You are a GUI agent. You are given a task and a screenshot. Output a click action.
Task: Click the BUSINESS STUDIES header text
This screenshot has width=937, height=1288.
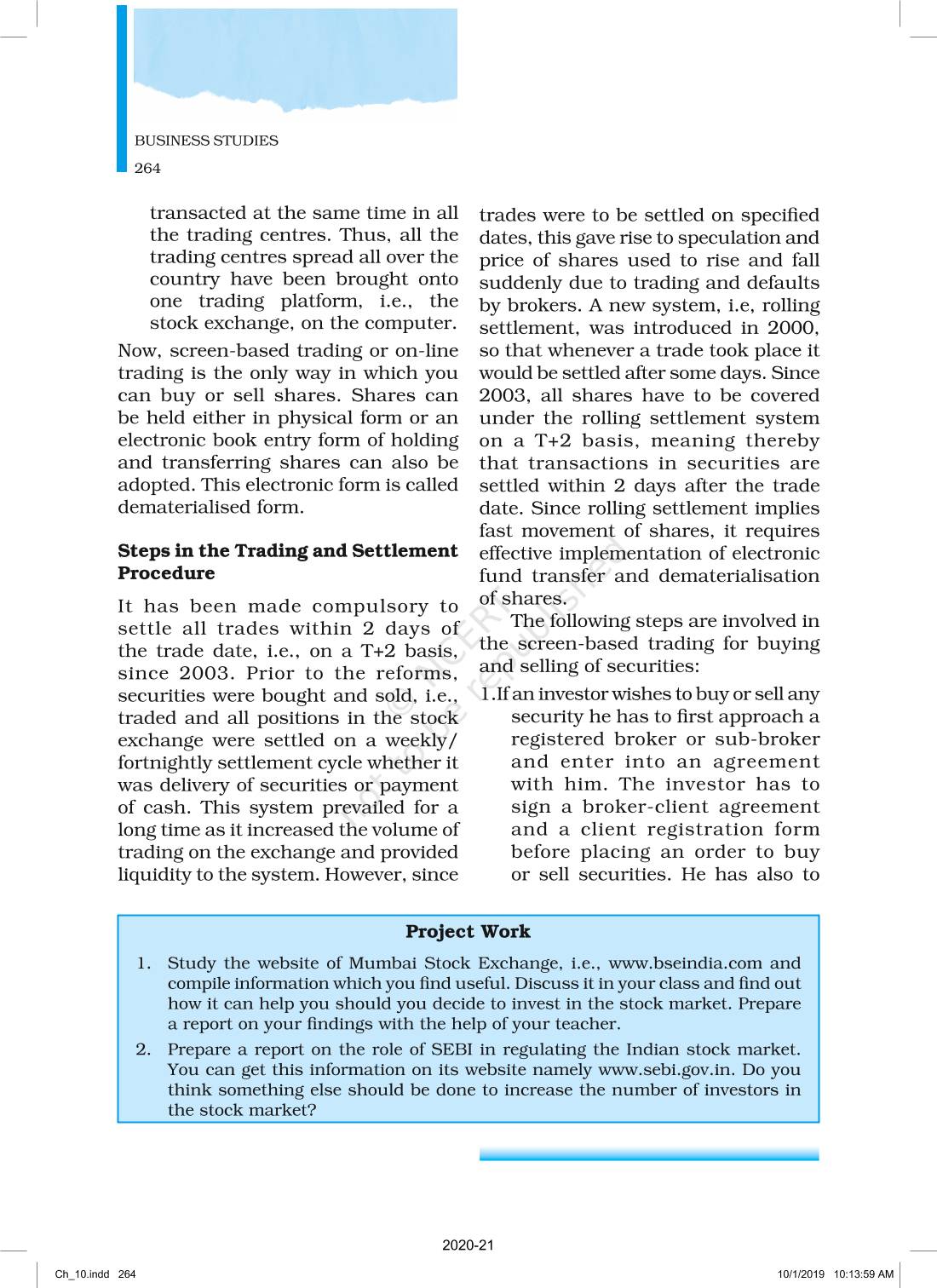(x=206, y=141)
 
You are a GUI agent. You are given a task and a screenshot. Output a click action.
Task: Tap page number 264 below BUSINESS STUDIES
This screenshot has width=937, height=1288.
(x=147, y=168)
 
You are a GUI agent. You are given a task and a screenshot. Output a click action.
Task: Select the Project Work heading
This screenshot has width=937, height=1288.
(x=468, y=931)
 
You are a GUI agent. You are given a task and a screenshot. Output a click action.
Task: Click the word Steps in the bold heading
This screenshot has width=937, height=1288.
(x=143, y=551)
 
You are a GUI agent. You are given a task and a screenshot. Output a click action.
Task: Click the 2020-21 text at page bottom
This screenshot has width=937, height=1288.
(x=468, y=1245)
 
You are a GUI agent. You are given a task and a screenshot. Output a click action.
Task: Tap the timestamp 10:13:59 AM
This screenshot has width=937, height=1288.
(x=864, y=1274)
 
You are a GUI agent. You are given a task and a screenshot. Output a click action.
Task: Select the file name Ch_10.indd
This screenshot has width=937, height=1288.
(x=82, y=1274)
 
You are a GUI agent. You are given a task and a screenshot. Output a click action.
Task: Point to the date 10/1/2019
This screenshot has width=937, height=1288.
(x=801, y=1274)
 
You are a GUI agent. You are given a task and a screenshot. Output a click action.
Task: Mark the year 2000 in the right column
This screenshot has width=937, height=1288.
(x=791, y=328)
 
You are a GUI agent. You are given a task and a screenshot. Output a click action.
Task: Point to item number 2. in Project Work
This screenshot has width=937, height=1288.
(x=143, y=1049)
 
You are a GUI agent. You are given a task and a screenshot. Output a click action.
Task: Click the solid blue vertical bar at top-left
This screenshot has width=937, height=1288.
(x=122, y=89)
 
